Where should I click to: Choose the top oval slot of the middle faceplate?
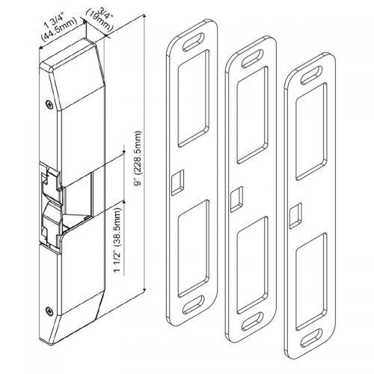pos(251,55)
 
